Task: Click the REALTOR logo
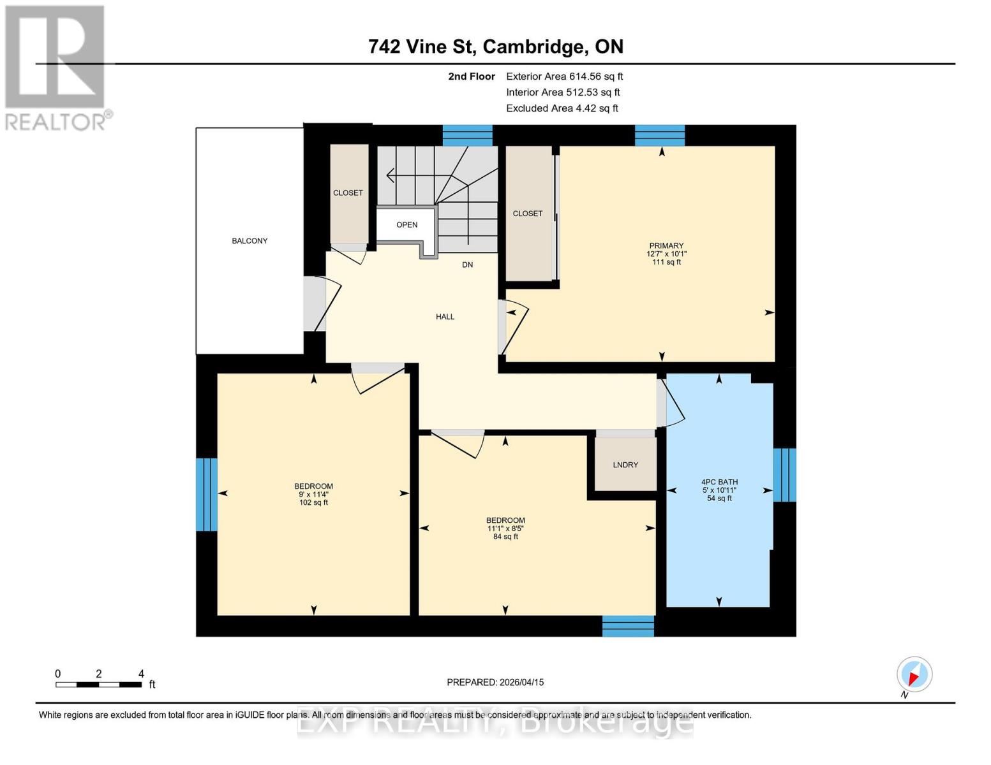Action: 56,67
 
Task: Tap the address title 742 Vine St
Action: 495,47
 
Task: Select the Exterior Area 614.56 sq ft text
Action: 564,76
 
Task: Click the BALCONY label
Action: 250,240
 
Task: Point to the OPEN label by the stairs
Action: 406,224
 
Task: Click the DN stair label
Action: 468,265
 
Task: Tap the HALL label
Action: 445,316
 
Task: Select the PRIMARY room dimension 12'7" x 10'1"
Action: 666,254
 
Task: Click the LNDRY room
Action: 625,465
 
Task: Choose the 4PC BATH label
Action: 719,482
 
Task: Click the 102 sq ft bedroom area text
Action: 313,502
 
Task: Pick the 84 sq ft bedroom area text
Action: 505,537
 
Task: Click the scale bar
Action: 99,685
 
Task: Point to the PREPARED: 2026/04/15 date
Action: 495,682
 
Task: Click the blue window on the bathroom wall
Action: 784,475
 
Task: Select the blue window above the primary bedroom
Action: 660,135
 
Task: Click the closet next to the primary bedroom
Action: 528,214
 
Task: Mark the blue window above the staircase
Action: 468,135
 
